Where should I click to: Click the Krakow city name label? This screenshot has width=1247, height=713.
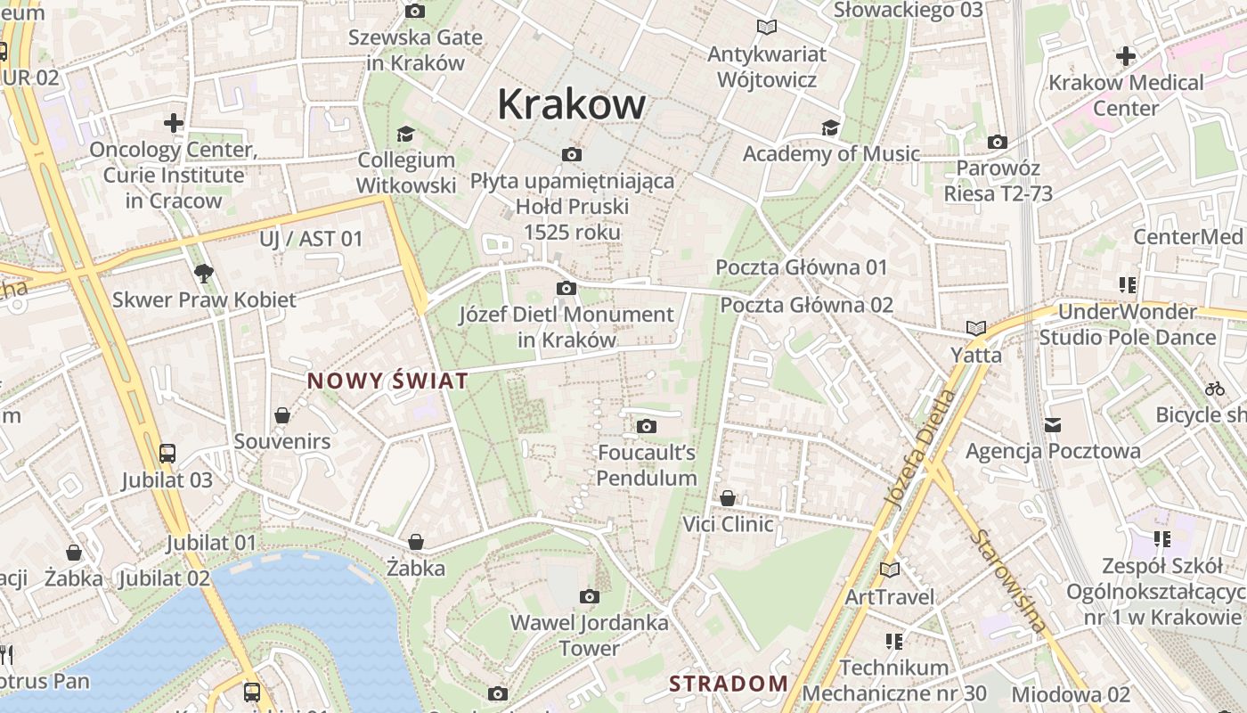coord(571,104)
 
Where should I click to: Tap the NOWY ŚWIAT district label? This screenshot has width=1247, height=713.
coord(387,381)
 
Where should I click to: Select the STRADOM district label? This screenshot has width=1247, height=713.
coord(728,684)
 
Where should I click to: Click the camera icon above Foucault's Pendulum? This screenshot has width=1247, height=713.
coord(647,427)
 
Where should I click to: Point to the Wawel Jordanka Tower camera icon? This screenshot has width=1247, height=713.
coord(589,597)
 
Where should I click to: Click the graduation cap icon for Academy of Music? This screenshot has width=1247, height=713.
coord(830,128)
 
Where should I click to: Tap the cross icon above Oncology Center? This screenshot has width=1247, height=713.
coord(174,123)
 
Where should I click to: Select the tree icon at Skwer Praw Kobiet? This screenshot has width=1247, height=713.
coord(204,274)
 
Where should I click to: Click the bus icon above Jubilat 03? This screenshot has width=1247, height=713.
coord(167,454)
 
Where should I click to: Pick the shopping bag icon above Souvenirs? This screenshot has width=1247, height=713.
coord(282,415)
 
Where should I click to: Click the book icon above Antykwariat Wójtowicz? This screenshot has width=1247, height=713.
coord(766,28)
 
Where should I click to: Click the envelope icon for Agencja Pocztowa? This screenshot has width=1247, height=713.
coord(1053,425)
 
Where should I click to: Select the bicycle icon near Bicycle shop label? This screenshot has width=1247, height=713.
coord(1214,389)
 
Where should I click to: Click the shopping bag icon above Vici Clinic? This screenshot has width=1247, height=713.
coord(728,498)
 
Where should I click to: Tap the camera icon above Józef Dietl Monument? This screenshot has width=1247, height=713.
coord(566,289)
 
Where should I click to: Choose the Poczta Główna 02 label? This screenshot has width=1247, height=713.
coord(806,305)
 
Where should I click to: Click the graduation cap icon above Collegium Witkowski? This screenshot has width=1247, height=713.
coord(406,134)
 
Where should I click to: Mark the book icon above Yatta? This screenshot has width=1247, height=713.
coord(976,329)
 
